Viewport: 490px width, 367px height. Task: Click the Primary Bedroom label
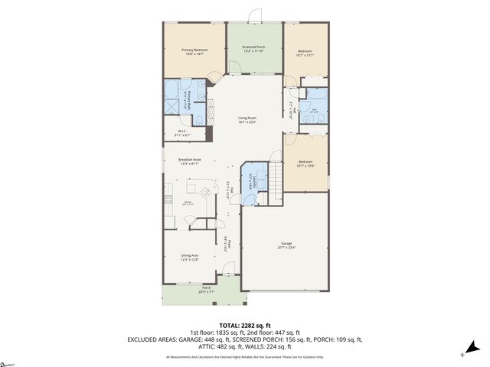pyautogui.click(x=194, y=53)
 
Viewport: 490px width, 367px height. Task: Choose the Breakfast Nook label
pyautogui.click(x=189, y=161)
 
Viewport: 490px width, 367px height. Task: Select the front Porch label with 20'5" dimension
pyautogui.click(x=185, y=290)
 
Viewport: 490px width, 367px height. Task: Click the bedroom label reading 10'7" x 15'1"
pyautogui.click(x=305, y=53)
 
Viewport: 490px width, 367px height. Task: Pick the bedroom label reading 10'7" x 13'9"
pyautogui.click(x=305, y=164)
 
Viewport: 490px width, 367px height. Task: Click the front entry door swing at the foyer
pyautogui.click(x=228, y=270)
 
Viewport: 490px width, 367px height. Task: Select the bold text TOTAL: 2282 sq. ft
pyautogui.click(x=245, y=325)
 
